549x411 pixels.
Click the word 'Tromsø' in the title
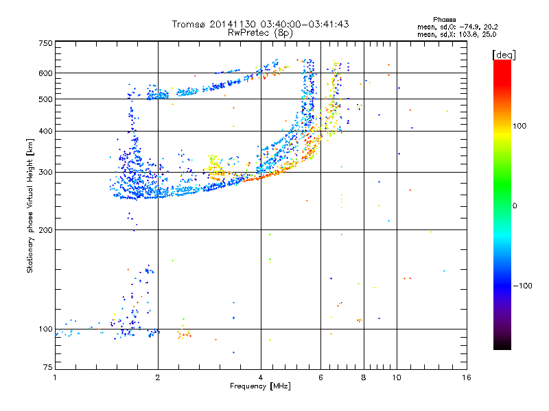(x=190, y=24)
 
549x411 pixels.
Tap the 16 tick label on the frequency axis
(x=466, y=377)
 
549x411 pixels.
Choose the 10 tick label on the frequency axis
(x=396, y=377)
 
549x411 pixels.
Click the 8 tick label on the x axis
(x=364, y=377)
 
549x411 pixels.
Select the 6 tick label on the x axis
(x=321, y=377)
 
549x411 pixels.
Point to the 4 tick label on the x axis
(x=261, y=377)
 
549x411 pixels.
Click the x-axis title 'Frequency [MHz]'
(x=261, y=387)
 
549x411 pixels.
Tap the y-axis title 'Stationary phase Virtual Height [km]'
(x=30, y=206)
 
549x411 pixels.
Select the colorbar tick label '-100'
(x=526, y=286)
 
